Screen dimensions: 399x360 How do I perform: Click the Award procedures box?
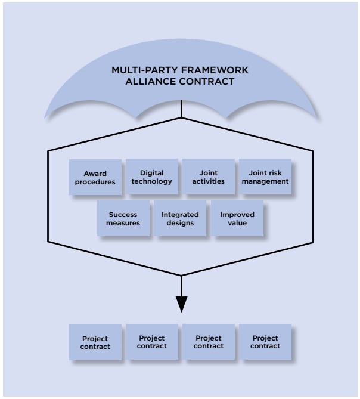95,177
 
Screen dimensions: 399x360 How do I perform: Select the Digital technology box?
151,177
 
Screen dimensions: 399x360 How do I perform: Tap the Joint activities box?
208,177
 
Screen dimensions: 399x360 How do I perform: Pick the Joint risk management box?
265,177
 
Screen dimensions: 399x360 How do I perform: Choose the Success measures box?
123,218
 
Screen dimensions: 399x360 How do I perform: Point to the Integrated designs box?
180,218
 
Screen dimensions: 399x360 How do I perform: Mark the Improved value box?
237,218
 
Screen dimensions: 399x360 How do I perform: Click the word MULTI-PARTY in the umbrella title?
138,70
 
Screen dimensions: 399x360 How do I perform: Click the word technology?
151,181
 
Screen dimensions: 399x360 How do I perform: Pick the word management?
265,181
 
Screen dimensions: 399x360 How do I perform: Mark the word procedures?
95,181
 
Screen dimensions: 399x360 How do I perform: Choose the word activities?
208,181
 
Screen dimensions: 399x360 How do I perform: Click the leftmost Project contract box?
95,342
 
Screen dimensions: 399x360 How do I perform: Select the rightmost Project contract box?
265,342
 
